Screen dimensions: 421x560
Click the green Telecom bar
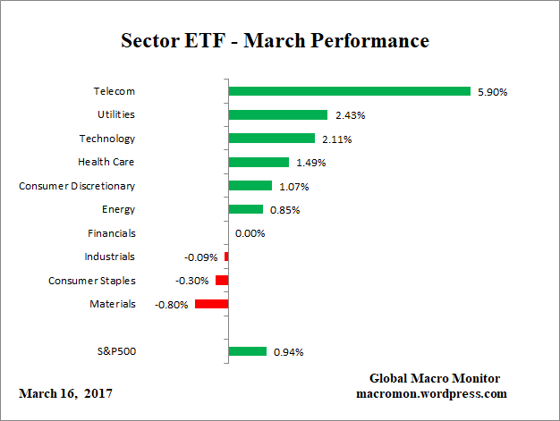click(349, 91)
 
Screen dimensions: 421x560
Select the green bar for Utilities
click(277, 114)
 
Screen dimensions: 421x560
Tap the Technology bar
click(271, 139)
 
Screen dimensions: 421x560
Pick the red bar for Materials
click(211, 304)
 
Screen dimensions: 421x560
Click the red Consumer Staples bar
click(222, 281)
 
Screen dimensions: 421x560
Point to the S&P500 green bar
click(248, 351)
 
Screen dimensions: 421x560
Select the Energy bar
click(245, 209)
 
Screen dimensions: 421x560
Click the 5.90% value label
click(492, 91)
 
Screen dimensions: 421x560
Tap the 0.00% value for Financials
click(250, 233)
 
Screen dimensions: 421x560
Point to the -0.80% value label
click(172, 304)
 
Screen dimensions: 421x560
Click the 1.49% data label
click(310, 163)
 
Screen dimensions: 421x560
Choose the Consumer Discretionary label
click(77, 186)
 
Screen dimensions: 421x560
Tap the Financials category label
click(112, 233)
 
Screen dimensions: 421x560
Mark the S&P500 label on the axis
click(115, 351)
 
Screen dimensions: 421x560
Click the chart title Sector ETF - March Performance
click(275, 41)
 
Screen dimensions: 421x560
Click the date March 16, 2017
click(65, 393)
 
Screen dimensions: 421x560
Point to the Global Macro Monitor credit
click(434, 378)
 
